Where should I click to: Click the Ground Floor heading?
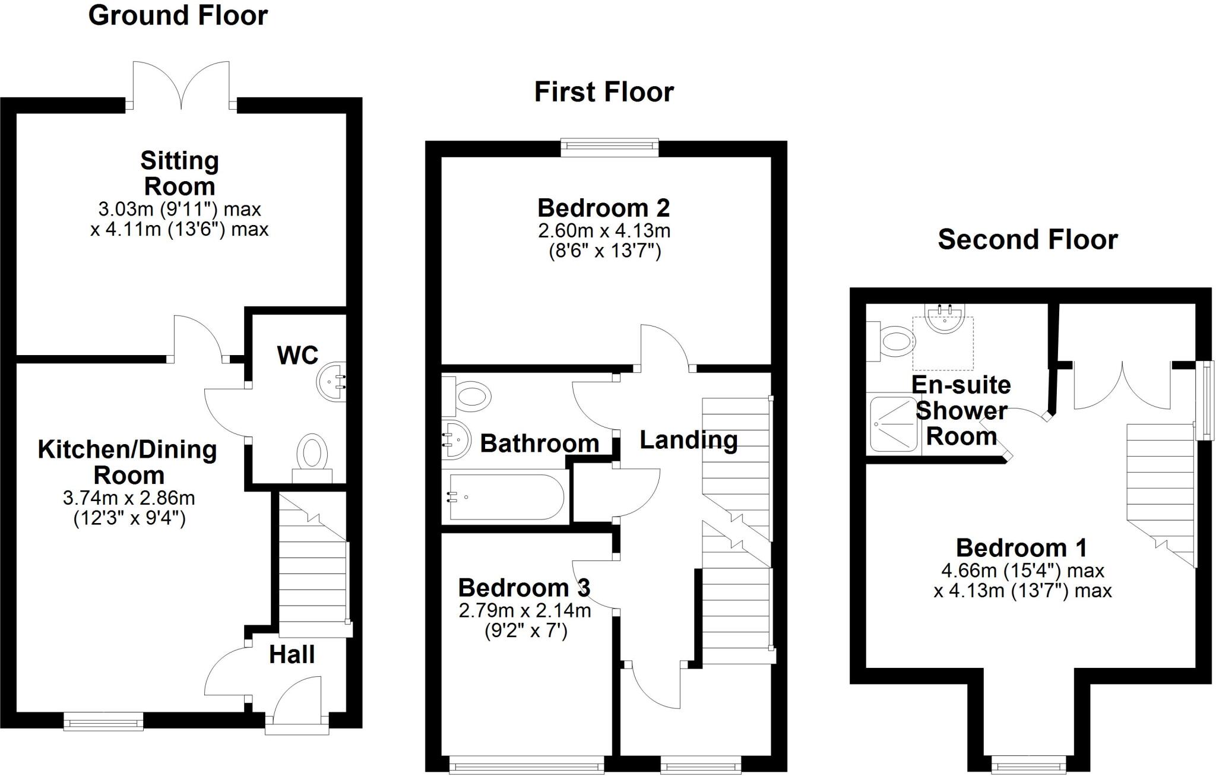tap(178, 15)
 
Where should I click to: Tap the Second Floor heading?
tap(1027, 239)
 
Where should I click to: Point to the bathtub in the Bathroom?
tap(505, 497)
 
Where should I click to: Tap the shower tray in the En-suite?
tap(894, 425)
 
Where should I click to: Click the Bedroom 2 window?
tap(610, 147)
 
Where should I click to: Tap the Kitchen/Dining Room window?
tap(103, 721)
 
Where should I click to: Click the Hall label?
tap(292, 655)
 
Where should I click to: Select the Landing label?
tap(688, 440)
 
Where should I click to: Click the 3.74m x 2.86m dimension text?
tap(129, 498)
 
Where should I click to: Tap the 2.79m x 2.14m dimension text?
tap(525, 610)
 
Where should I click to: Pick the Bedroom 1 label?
tap(1021, 547)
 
